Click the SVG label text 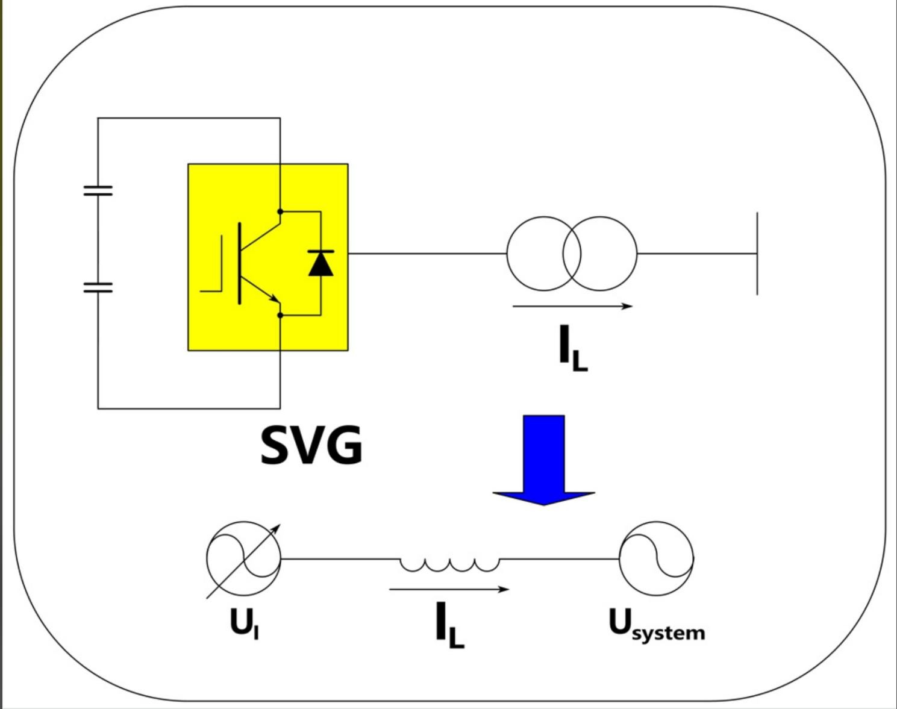coord(311,445)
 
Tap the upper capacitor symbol coord(98,191)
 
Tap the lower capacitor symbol coord(98,287)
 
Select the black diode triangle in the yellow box coord(320,263)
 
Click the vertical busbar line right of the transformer coord(757,254)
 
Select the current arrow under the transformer coord(572,306)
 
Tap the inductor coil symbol coord(449,564)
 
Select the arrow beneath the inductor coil coord(449,589)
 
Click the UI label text coord(244,623)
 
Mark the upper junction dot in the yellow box coord(280,211)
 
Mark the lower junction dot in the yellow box coord(280,315)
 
